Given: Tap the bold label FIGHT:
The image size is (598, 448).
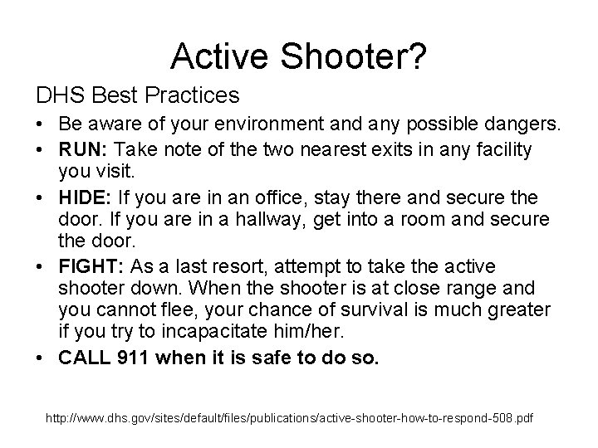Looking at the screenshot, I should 89,266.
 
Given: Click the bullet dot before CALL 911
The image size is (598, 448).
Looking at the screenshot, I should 42,358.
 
